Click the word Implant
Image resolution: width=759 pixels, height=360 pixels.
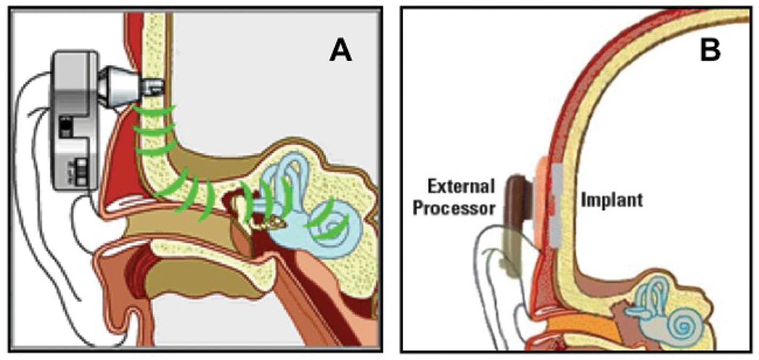[611, 200]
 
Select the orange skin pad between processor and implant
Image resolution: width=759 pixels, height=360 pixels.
[539, 198]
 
